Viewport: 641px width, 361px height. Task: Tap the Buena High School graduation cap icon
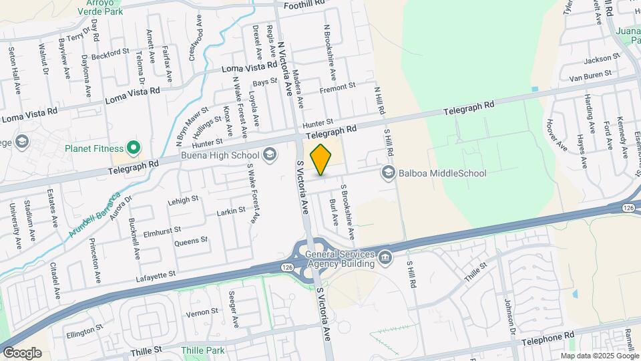click(x=270, y=155)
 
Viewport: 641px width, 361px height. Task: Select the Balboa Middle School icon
click(x=387, y=173)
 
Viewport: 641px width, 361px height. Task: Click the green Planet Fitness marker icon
click(x=133, y=148)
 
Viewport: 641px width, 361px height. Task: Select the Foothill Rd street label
click(x=304, y=4)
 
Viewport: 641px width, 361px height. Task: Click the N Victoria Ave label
click(x=285, y=67)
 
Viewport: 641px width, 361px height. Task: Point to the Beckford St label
click(x=110, y=52)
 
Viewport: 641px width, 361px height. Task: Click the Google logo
click(x=22, y=352)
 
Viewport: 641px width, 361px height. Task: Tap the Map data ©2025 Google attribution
click(x=598, y=356)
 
